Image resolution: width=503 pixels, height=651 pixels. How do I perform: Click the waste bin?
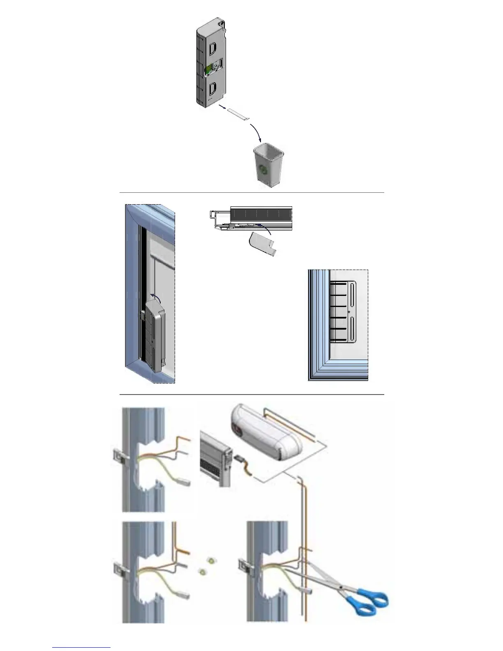(268, 164)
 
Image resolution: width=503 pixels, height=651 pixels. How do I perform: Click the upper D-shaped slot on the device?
(212, 49)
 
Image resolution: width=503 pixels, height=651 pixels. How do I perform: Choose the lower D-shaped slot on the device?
(212, 88)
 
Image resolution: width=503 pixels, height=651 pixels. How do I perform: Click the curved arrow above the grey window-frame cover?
(155, 295)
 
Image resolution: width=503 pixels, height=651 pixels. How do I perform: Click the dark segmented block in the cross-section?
(261, 213)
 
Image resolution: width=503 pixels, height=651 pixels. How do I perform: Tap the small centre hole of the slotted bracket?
(349, 312)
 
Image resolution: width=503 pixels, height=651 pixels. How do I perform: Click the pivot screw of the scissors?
(341, 586)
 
